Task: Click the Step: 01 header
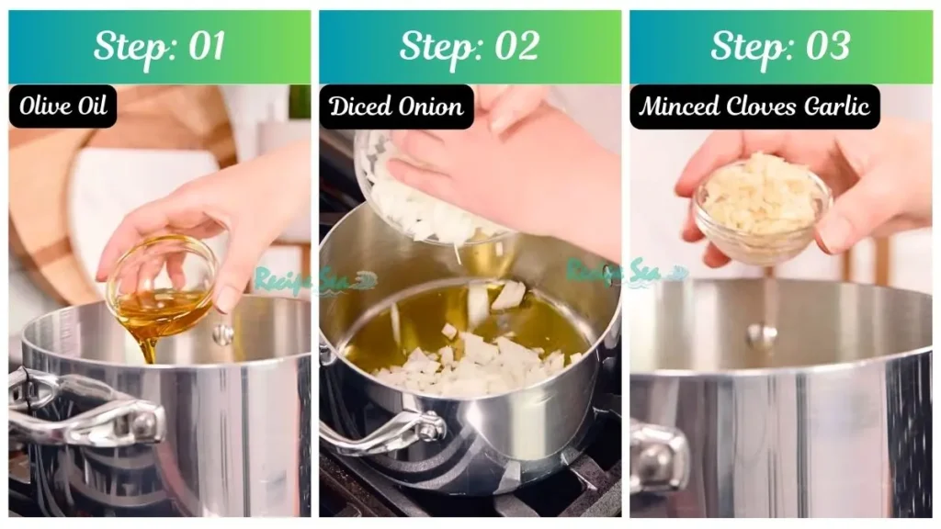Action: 159,47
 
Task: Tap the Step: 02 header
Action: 470,47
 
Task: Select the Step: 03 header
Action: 780,47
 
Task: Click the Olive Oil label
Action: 62,107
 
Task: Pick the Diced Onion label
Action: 396,107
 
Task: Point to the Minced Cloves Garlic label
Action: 754,107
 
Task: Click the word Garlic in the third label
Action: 835,107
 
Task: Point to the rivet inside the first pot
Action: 223,334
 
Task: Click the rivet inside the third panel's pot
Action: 761,335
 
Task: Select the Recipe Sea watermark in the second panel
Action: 625,272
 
